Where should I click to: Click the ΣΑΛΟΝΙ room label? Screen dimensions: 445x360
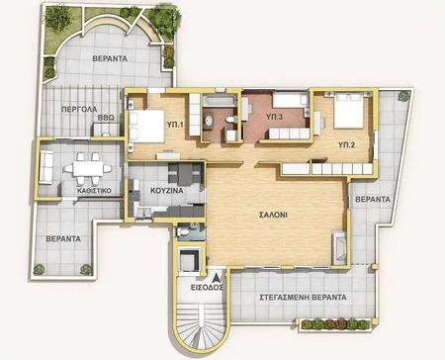[x=273, y=215]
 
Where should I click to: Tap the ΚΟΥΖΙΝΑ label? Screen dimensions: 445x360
[x=167, y=191]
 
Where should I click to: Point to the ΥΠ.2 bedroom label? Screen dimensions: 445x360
[x=347, y=144]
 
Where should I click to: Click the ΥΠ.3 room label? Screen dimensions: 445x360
[x=274, y=117]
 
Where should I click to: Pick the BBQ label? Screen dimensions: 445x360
[x=106, y=118]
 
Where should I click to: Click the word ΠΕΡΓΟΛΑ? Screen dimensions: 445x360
[x=79, y=109]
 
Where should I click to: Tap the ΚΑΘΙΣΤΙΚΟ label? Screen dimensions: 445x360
[x=94, y=191]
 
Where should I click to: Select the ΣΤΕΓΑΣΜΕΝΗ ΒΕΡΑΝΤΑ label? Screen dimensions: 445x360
[x=304, y=298]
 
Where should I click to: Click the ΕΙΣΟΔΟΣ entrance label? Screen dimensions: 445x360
[x=207, y=288]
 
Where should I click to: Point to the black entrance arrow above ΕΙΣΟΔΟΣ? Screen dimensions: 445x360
[x=218, y=278]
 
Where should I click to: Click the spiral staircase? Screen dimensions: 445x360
[x=201, y=326]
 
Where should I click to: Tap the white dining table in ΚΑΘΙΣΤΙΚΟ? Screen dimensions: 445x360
[x=87, y=169]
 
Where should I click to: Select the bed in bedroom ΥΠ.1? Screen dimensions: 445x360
[x=146, y=127]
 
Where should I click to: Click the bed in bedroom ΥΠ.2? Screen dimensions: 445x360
[x=349, y=111]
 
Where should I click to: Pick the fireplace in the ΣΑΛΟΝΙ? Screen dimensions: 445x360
[x=339, y=247]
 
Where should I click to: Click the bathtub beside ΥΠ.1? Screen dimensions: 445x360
[x=220, y=100]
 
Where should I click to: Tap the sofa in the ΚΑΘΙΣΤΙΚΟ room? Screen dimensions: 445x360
[x=46, y=167]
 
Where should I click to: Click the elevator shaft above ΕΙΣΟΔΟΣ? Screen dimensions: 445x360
[x=189, y=260]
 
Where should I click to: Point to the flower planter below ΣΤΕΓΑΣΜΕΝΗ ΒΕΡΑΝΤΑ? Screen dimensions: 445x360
[x=334, y=324]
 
